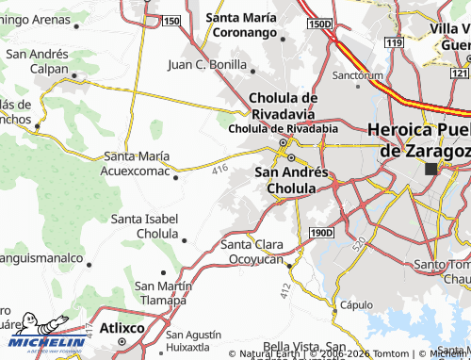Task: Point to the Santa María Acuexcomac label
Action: [138, 163]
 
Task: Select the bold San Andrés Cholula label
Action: [292, 180]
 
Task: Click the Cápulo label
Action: [356, 304]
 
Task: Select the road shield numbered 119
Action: [394, 43]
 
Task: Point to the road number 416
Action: [220, 169]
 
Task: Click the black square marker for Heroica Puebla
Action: [431, 169]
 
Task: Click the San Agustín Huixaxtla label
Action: [194, 341]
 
